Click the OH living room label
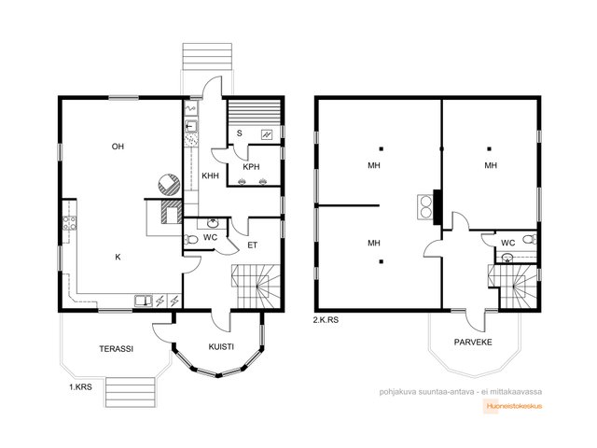click(x=118, y=147)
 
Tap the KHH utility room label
click(x=210, y=175)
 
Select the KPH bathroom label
click(x=251, y=167)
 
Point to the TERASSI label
click(x=116, y=348)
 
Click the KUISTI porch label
click(x=221, y=346)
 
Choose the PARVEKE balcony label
click(x=473, y=343)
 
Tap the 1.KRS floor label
click(x=80, y=387)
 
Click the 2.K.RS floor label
click(x=326, y=320)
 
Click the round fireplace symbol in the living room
click(x=169, y=185)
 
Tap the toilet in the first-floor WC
click(x=190, y=240)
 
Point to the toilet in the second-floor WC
click(x=530, y=239)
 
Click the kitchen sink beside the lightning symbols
click(x=144, y=301)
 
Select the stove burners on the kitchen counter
click(x=69, y=223)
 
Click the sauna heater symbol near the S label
click(x=267, y=134)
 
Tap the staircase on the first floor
click(x=256, y=287)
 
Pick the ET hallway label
click(x=253, y=245)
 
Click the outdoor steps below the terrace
click(x=131, y=392)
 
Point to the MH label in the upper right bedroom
click(x=491, y=165)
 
